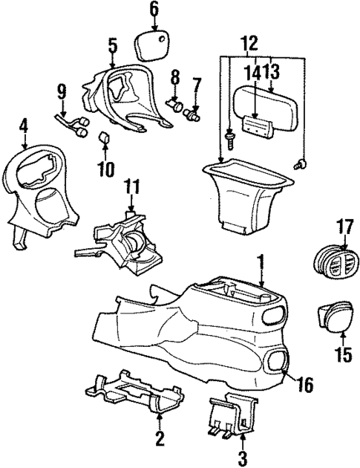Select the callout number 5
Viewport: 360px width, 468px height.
point(112,46)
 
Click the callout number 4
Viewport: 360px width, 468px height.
point(24,127)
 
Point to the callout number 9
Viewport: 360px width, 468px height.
point(62,92)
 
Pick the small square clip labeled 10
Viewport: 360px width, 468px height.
point(105,138)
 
